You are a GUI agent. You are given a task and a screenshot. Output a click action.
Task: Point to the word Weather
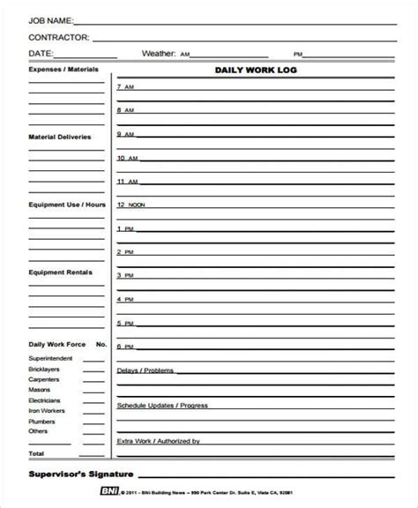point(159,54)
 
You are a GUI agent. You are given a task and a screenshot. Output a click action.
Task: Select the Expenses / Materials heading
point(63,69)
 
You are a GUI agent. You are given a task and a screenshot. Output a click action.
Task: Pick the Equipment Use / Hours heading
point(67,204)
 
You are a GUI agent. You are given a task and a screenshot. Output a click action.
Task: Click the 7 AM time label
point(124,87)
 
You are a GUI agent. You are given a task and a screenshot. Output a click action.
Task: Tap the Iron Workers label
point(48,410)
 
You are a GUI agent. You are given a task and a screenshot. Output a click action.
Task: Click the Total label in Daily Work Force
point(37,453)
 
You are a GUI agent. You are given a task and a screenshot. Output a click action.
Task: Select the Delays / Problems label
point(146,370)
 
